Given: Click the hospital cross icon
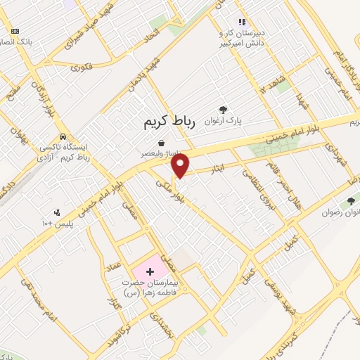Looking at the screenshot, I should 149,271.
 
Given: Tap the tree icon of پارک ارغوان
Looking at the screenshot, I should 224,109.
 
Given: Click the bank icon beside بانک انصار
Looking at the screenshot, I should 15,31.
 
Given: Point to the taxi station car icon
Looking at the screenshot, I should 64,136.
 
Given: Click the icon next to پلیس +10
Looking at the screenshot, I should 58,212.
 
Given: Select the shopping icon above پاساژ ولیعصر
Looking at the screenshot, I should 161,143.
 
